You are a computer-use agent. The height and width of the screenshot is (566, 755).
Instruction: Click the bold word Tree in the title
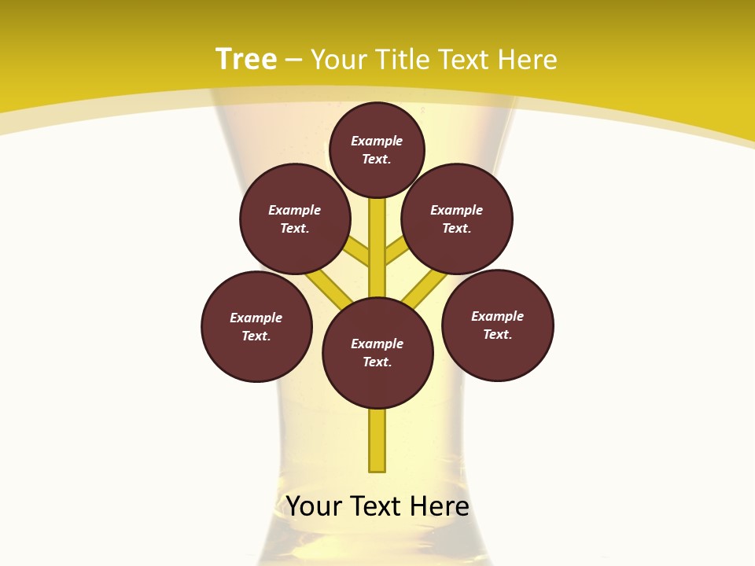[x=246, y=59]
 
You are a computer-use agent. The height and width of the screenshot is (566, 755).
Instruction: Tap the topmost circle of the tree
[x=377, y=149]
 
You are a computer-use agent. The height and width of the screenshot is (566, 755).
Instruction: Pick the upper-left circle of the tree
[x=295, y=219]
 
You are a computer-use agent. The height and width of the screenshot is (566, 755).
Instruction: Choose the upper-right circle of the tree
[x=457, y=219]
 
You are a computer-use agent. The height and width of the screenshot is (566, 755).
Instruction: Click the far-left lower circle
[x=256, y=326]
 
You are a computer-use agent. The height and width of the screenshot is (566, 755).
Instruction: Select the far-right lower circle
[x=498, y=325]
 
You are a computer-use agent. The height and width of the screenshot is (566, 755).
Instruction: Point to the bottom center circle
[x=377, y=353]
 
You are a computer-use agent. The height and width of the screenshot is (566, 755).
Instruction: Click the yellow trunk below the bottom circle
[x=377, y=440]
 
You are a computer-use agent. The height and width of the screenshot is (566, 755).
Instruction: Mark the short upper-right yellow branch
[x=396, y=251]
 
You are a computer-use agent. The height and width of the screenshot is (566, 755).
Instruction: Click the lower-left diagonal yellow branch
[x=330, y=288]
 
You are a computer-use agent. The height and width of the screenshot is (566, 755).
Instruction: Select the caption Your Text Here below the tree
[x=377, y=506]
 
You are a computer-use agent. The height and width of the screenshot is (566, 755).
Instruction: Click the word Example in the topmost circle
[x=377, y=141]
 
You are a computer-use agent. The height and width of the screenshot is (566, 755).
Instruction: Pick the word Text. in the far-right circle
[x=497, y=334]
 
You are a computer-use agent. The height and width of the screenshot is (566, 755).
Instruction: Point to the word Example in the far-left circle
[x=256, y=318]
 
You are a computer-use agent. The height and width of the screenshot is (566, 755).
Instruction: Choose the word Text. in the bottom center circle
[x=377, y=362]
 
